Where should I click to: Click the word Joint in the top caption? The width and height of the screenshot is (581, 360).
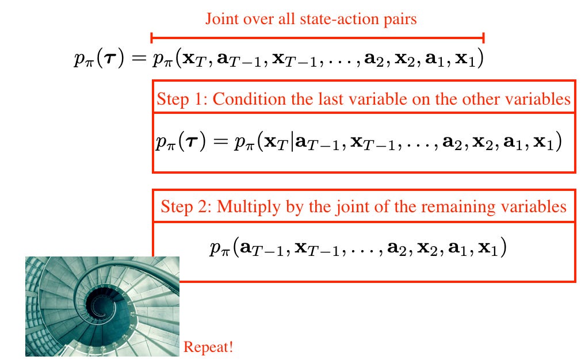click(x=221, y=19)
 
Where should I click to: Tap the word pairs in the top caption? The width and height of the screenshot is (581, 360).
click(x=400, y=19)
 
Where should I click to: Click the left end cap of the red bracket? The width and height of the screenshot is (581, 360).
click(x=151, y=38)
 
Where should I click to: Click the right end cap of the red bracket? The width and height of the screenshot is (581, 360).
click(x=484, y=38)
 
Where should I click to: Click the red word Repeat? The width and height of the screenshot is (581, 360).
click(x=208, y=347)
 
